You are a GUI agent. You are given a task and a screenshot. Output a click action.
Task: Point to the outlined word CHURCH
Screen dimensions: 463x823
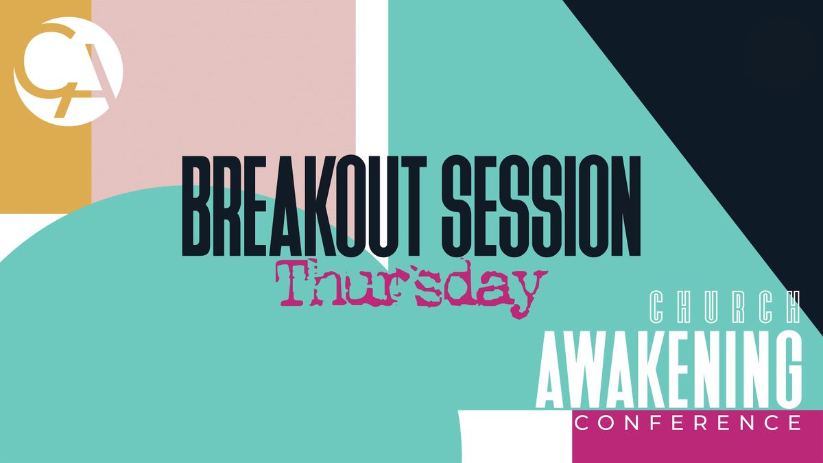click(x=725, y=308)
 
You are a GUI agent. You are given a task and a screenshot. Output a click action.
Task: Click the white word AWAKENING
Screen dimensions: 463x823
click(x=669, y=370)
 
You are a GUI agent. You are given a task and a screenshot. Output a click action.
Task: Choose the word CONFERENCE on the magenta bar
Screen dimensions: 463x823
click(x=688, y=423)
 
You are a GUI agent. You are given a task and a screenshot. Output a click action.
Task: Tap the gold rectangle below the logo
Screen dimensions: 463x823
click(x=45, y=171)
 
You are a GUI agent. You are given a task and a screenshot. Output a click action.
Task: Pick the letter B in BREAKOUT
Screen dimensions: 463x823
click(x=200, y=206)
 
